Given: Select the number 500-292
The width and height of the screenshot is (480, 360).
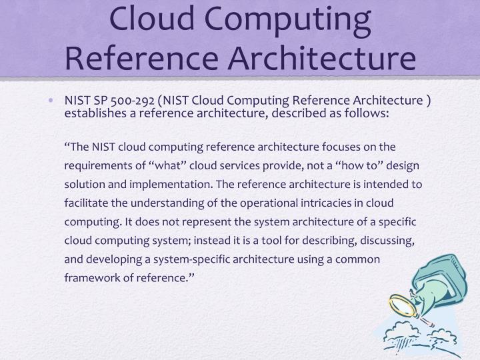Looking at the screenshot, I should pyautogui.click(x=134, y=101).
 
